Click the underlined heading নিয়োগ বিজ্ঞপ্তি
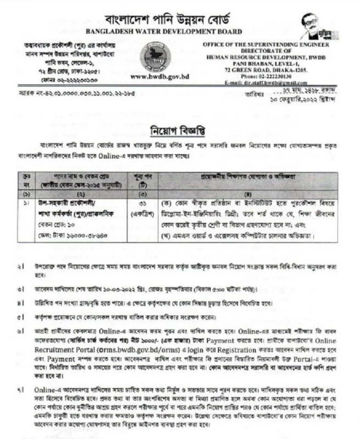tap(179, 131)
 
